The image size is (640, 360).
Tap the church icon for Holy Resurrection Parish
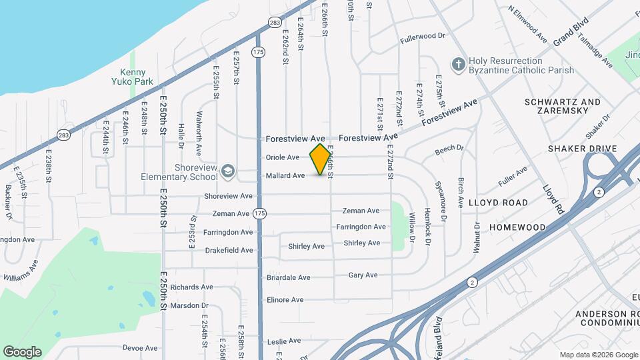click(458, 64)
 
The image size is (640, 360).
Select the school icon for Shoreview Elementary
click(229, 171)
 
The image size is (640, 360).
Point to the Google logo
click(22, 351)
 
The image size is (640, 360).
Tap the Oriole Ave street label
click(283, 157)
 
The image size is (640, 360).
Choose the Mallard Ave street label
click(285, 175)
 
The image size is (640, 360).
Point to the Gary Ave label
click(363, 275)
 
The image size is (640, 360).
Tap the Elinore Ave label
click(285, 299)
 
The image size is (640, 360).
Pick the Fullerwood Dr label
click(423, 37)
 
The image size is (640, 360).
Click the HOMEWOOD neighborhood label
click(518, 227)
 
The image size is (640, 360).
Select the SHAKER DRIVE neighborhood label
click(582, 148)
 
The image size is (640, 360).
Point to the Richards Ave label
click(191, 287)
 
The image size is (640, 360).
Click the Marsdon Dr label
click(189, 305)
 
